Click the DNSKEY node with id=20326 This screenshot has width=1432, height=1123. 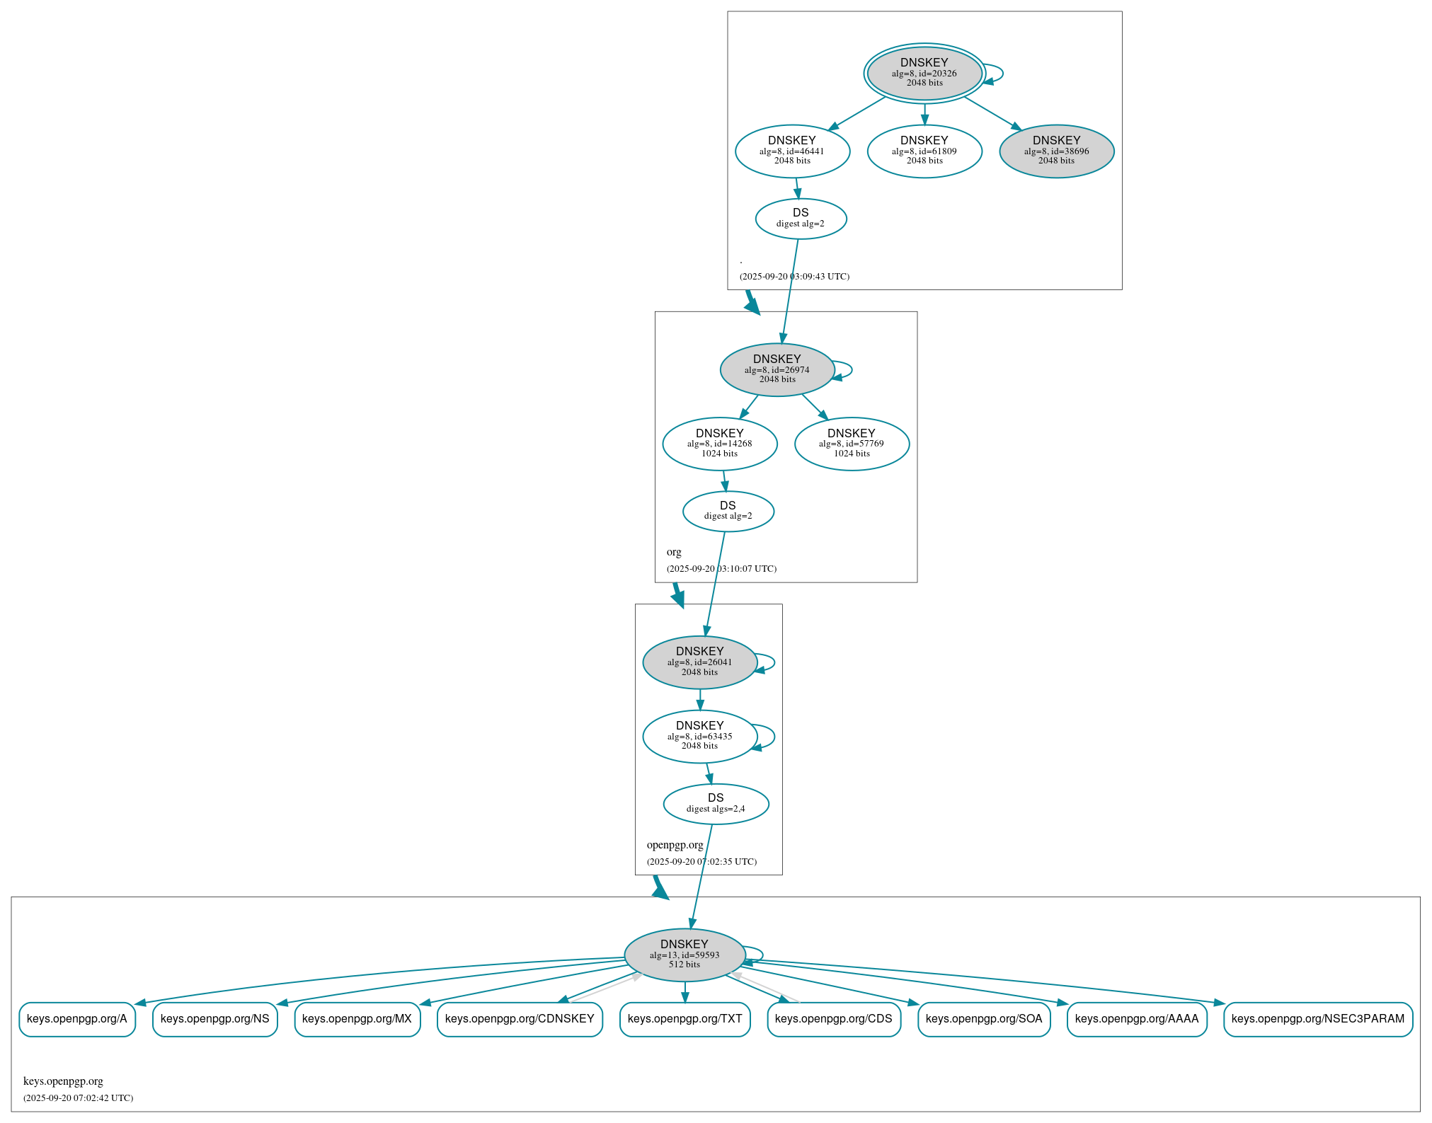pyautogui.click(x=924, y=73)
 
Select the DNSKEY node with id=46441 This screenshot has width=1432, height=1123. pyautogui.click(x=792, y=151)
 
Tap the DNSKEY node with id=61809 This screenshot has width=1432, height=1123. pyautogui.click(x=924, y=151)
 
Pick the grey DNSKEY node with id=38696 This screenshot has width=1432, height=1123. pyautogui.click(x=1056, y=151)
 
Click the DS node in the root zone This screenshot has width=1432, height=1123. pyautogui.click(x=801, y=218)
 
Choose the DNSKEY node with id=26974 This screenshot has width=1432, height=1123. pyautogui.click(x=777, y=369)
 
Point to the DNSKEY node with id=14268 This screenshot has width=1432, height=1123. pyautogui.click(x=719, y=444)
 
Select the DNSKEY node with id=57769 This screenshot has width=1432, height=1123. pyautogui.click(x=852, y=444)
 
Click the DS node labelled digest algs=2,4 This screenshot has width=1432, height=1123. pyautogui.click(x=716, y=803)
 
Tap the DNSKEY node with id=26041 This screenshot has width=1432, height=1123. pyautogui.click(x=699, y=662)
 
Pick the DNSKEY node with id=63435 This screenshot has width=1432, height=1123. pyautogui.click(x=699, y=736)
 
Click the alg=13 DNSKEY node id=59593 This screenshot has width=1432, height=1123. pyautogui.click(x=684, y=955)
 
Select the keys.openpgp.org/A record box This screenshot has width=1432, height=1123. pyautogui.click(x=77, y=1019)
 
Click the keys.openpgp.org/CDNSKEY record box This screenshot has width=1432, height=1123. pyautogui.click(x=520, y=1019)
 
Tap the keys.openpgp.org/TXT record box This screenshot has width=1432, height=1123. pyautogui.click(x=685, y=1019)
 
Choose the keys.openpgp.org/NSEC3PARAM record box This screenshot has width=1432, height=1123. pyautogui.click(x=1317, y=1019)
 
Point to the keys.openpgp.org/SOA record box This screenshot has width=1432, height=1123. pyautogui.click(x=983, y=1019)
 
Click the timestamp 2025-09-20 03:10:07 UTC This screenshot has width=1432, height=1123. pyautogui.click(x=721, y=568)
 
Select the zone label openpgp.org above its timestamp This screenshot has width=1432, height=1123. pyautogui.click(x=675, y=844)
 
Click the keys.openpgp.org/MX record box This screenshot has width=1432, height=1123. pyautogui.click(x=357, y=1019)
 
